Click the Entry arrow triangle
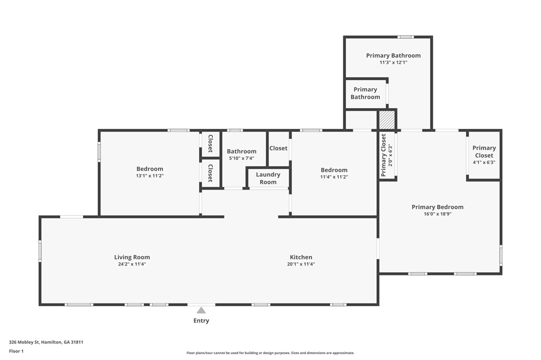(x=201, y=310)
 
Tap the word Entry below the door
(x=201, y=321)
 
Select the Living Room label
(x=132, y=258)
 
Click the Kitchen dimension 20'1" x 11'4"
(x=301, y=264)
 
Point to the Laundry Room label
(x=268, y=178)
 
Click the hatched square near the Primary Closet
(x=387, y=119)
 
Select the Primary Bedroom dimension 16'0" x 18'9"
(x=437, y=214)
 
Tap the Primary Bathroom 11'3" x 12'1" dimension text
(x=393, y=62)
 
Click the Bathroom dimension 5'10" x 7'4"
(x=241, y=158)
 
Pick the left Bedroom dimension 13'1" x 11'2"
(x=150, y=176)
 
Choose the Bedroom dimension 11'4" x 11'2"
(x=334, y=177)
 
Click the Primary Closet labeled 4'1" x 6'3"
(x=484, y=155)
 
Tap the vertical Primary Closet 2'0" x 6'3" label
(x=387, y=154)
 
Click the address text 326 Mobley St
(x=46, y=342)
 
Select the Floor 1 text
(x=16, y=351)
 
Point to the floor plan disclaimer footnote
(x=270, y=353)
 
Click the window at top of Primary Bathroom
(x=405, y=37)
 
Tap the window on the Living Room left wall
(x=40, y=251)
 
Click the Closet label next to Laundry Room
(x=278, y=148)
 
